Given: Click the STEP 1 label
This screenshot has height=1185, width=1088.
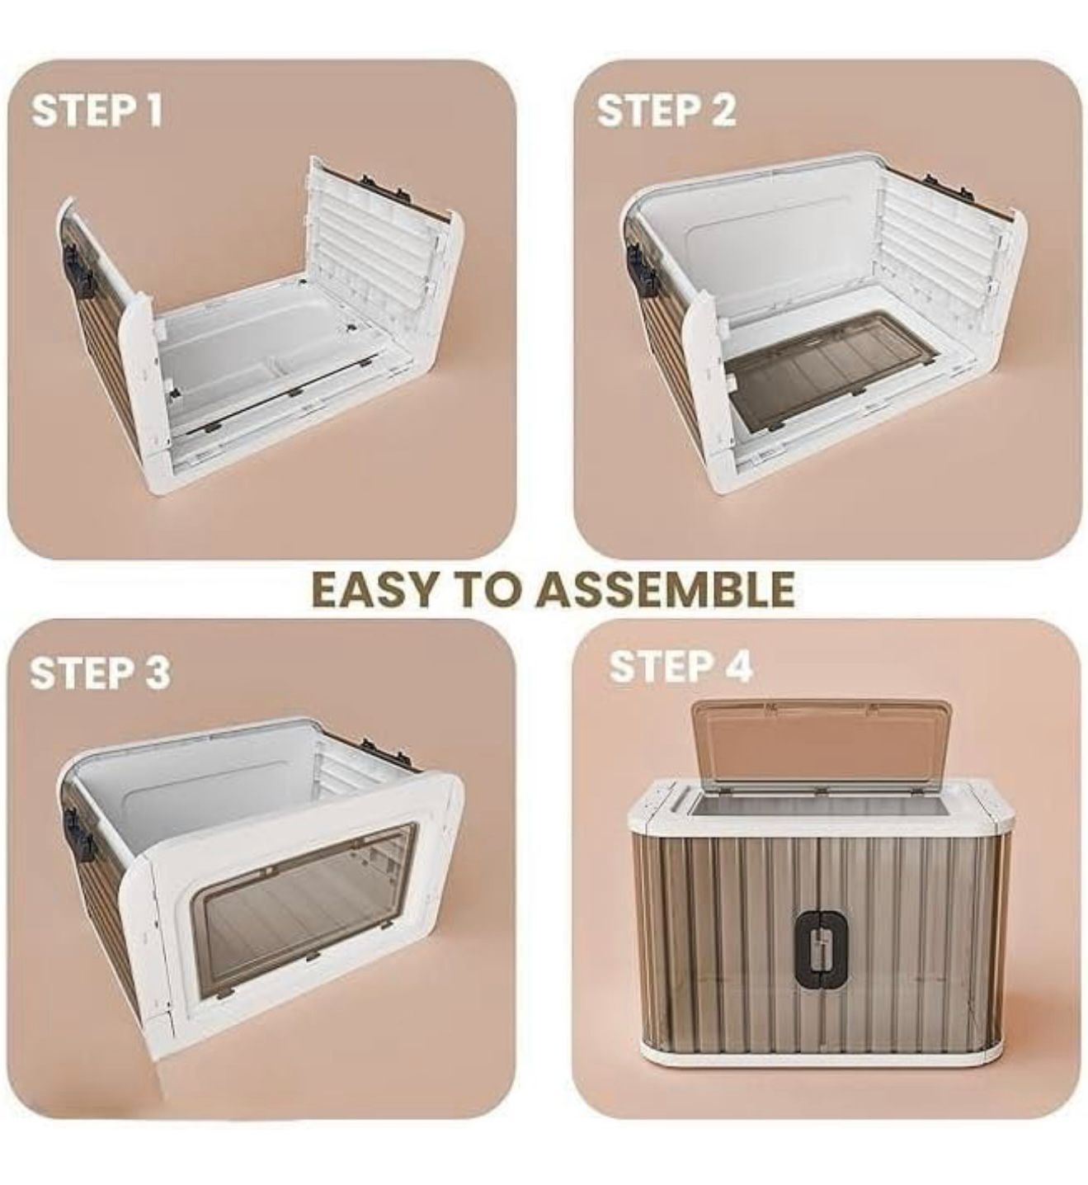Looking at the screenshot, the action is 97,111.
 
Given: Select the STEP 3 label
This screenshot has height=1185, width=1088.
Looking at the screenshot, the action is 100,673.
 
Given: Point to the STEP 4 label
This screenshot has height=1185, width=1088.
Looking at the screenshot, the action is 681,666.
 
